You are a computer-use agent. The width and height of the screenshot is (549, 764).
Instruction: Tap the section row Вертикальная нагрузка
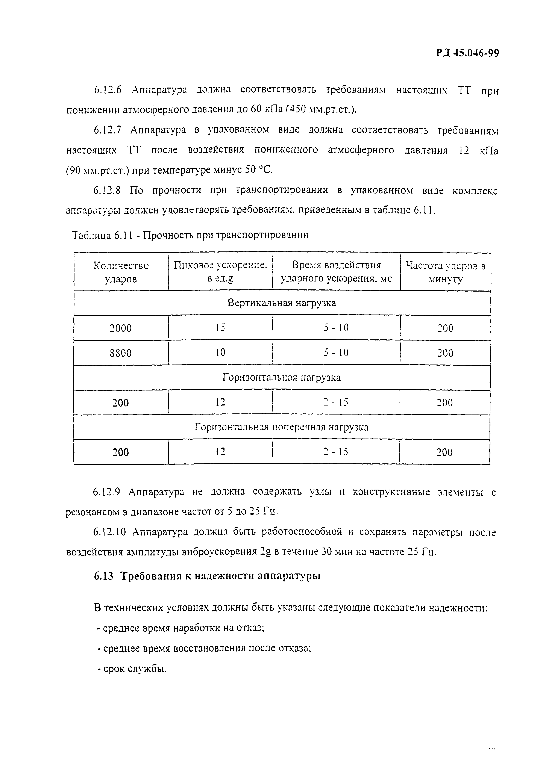282,303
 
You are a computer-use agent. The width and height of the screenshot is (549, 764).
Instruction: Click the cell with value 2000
121,328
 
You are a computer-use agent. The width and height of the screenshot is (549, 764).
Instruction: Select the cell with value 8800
121,353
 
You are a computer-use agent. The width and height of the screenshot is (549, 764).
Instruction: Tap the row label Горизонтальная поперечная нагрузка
282,427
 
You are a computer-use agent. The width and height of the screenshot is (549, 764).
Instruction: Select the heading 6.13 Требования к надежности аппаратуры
207,576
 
